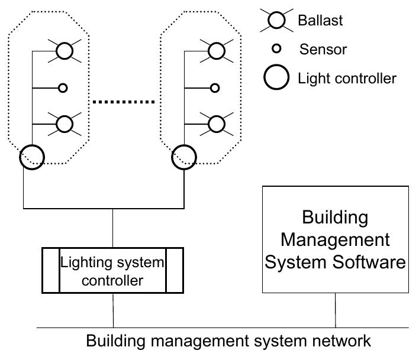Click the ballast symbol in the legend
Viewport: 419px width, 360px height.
tap(276, 21)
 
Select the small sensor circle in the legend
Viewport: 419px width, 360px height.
tap(275, 48)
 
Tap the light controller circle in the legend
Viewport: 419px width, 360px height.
tap(276, 77)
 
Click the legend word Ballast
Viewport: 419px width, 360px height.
tap(321, 21)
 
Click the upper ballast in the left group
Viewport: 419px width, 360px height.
tap(65, 51)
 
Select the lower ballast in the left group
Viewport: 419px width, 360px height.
tap(65, 124)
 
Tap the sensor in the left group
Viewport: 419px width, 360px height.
tap(62, 89)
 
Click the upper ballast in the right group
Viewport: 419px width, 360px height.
tap(217, 51)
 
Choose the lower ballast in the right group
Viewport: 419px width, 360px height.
tap(217, 124)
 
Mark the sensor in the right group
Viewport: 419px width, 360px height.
tap(215, 89)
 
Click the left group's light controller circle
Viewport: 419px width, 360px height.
tap(32, 157)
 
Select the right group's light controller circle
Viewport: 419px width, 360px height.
tap(183, 157)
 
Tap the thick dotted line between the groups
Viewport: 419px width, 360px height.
tap(124, 102)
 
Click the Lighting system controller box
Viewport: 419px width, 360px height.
tap(112, 270)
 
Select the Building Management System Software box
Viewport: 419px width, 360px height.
tap(336, 239)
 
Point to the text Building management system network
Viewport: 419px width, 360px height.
tap(228, 341)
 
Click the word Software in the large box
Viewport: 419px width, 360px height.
tap(370, 261)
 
